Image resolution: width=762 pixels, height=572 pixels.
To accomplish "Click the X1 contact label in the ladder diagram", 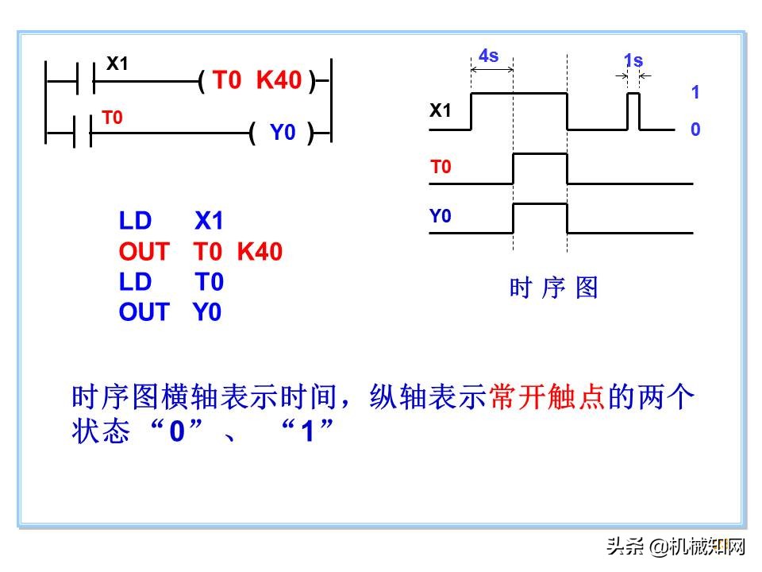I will pyautogui.click(x=117, y=64).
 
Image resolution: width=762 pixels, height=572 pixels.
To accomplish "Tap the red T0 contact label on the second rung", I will pyautogui.click(x=113, y=118).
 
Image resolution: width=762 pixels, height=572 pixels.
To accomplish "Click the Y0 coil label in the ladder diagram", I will pyautogui.click(x=283, y=133).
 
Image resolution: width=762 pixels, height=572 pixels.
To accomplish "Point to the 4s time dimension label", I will pyautogui.click(x=489, y=56).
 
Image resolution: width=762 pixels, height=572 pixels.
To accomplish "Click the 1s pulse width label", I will pyautogui.click(x=633, y=60).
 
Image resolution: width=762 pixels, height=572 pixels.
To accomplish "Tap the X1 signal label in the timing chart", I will pyautogui.click(x=441, y=111).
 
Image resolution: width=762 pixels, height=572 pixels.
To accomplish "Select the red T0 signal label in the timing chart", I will pyautogui.click(x=441, y=168).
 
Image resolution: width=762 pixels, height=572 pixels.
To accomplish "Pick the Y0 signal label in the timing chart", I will pyautogui.click(x=441, y=216).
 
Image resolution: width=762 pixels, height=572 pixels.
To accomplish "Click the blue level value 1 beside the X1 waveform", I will pyautogui.click(x=695, y=92).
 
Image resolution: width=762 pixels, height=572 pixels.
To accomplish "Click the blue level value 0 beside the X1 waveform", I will pyautogui.click(x=695, y=129).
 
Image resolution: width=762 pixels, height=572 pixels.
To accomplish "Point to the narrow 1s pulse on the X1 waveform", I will pyautogui.click(x=633, y=110).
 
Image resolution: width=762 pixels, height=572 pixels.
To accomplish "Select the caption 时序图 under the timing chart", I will pyautogui.click(x=553, y=288).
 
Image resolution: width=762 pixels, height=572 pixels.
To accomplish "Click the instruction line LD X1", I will pyautogui.click(x=171, y=222).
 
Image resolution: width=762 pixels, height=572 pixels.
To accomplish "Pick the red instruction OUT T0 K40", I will pyautogui.click(x=200, y=252).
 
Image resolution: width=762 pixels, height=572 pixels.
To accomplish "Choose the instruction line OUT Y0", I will pyautogui.click(x=170, y=312).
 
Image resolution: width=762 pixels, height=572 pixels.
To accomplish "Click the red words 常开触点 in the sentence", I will pyautogui.click(x=548, y=397).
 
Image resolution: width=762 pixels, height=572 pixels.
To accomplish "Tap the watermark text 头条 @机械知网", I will pyautogui.click(x=676, y=547).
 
